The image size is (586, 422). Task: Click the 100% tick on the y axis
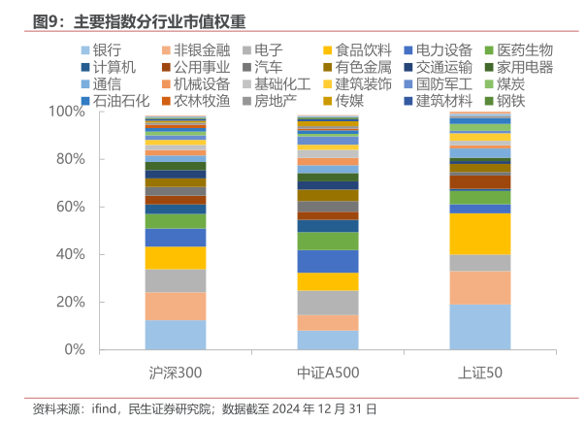coord(68,112)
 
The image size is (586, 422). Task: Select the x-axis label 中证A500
coord(327,373)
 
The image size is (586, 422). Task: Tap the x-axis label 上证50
coord(479,373)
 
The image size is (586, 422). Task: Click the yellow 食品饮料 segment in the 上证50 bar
coord(479,234)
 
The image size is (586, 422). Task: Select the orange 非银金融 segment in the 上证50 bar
coord(479,287)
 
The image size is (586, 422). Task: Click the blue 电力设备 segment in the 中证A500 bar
coord(327,261)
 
